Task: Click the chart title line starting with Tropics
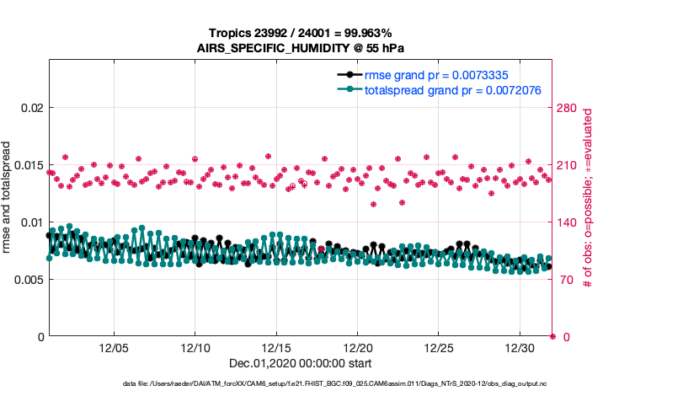[301, 34]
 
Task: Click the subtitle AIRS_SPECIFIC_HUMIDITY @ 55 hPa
[301, 48]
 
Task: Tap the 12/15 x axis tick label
[276, 348]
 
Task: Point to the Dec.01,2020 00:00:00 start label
[301, 363]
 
